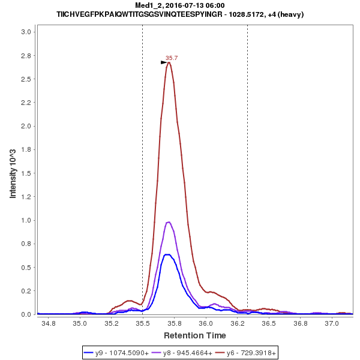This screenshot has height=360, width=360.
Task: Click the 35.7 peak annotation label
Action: coord(172,58)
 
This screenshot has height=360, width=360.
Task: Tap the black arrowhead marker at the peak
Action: coord(164,62)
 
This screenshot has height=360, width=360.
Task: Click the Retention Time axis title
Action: coord(195,335)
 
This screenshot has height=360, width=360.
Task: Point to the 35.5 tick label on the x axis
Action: coord(142,323)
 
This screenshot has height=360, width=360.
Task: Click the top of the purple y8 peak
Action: coord(169,222)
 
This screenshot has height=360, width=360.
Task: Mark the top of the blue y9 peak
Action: coord(169,254)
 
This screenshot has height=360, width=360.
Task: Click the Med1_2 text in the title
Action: coord(148,5)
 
